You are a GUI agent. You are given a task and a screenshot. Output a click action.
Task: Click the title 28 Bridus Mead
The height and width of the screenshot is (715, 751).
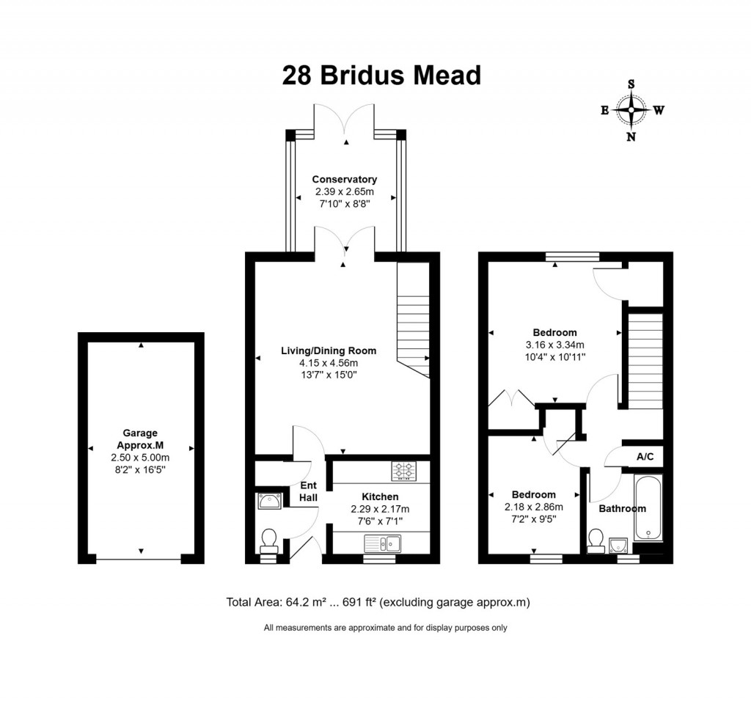point(381,76)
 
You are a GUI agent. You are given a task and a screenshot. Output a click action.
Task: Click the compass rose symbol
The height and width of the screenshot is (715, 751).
point(631,111)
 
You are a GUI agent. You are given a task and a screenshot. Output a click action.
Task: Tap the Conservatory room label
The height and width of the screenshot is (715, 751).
point(344,179)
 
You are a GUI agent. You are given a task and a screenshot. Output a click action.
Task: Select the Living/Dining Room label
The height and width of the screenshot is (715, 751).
point(329,351)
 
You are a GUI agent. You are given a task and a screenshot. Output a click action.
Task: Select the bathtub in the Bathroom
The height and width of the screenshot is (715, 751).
point(648,507)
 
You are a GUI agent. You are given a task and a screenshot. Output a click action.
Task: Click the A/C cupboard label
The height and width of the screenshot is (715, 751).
point(645,456)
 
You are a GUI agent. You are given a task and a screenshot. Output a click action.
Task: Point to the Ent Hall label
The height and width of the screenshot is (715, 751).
point(308,491)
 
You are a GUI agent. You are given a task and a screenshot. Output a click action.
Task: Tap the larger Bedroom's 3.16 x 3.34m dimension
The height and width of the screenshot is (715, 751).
point(554,345)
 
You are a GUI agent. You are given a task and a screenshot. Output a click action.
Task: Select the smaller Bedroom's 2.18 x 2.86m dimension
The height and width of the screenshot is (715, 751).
point(533,507)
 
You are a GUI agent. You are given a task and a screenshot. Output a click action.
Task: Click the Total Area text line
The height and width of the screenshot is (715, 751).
point(378,602)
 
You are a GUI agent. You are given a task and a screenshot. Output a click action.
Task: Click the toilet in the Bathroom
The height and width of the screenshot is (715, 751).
point(595,540)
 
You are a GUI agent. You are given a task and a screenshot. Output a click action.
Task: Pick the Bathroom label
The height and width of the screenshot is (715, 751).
point(622,508)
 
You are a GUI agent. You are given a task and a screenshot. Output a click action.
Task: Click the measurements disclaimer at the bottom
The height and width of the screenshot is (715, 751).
point(385,628)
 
